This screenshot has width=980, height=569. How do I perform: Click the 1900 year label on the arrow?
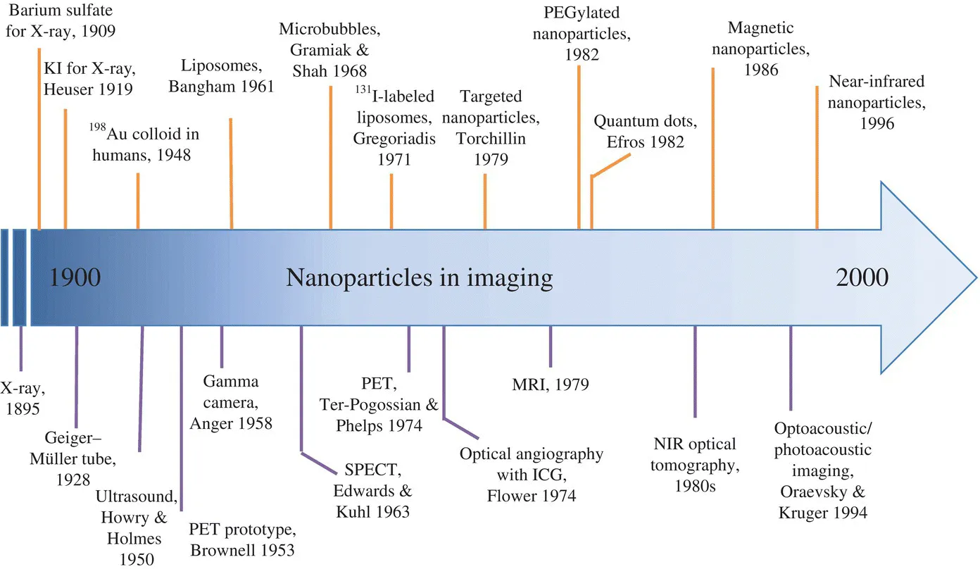tap(75, 278)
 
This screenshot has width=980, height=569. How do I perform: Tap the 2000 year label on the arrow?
tap(862, 278)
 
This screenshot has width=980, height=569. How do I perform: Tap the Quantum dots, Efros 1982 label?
tap(646, 132)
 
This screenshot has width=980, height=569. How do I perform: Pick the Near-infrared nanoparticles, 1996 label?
tap(875, 102)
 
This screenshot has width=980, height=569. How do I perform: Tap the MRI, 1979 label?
tap(551, 384)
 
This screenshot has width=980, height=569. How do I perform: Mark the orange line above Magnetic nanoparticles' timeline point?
tap(713, 148)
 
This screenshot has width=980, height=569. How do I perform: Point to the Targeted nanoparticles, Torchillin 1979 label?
tap(491, 127)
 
